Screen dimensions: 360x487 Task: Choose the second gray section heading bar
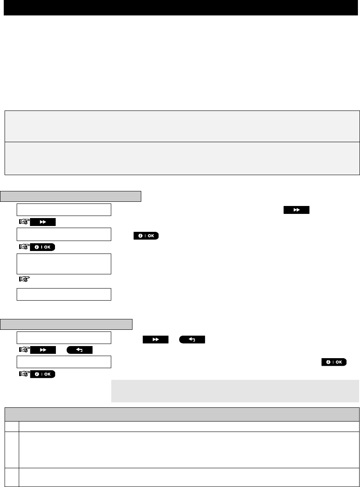coord(67,324)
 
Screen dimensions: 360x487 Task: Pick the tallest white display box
coord(64,264)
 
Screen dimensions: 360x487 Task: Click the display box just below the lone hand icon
coord(64,294)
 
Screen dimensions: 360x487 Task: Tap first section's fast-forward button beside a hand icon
coord(43,223)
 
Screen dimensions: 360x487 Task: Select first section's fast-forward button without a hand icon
coord(297,210)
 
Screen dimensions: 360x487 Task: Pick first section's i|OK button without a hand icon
coord(146,236)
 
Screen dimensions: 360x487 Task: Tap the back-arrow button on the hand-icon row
coord(79,350)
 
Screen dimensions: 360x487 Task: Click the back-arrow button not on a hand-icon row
coord(192,340)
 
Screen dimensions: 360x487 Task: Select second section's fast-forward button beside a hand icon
coord(43,350)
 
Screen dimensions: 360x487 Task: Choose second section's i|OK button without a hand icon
coord(333,362)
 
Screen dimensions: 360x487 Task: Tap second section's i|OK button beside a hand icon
coord(43,374)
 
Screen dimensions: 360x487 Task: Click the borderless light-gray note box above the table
coord(235,391)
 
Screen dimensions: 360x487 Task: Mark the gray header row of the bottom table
coord(182,414)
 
